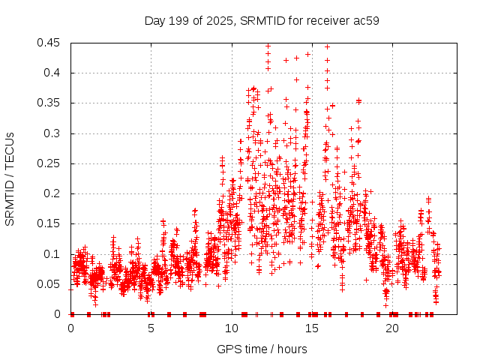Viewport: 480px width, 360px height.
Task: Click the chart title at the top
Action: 261,20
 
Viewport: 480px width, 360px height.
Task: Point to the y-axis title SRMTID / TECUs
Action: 10,178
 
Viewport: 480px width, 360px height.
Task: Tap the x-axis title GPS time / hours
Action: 261,349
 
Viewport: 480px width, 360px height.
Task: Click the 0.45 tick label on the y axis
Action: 51,43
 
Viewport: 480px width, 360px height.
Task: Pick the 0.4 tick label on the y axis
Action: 54,73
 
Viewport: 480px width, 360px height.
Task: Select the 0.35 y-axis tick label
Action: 51,103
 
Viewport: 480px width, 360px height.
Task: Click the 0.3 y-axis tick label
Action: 54,133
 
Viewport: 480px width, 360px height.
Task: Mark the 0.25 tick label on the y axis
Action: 51,163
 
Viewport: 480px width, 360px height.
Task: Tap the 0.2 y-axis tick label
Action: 54,193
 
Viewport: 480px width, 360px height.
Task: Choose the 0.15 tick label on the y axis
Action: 51,223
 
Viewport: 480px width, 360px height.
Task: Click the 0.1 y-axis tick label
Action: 54,254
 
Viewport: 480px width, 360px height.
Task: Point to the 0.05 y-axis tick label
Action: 51,284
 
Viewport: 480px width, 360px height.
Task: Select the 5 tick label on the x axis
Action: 151,328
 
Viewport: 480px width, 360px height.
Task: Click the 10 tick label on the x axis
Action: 232,328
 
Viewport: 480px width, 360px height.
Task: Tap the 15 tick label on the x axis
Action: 312,328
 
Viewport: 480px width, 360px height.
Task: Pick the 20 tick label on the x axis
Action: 392,328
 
